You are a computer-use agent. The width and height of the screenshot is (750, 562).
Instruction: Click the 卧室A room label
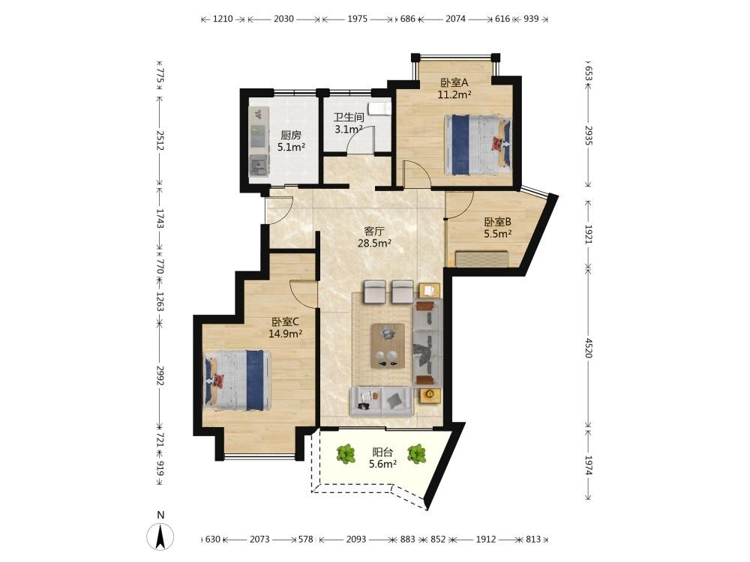tap(454, 82)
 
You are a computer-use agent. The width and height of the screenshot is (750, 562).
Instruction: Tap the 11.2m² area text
tap(454, 94)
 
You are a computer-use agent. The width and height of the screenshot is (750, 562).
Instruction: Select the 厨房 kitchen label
tap(291, 135)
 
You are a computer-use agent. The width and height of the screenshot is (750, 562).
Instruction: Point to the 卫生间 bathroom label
tap(349, 117)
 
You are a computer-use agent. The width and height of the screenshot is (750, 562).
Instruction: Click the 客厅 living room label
tap(374, 232)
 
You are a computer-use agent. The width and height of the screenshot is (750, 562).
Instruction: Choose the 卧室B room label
tap(497, 222)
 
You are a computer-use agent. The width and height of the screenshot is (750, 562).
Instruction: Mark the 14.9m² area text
tap(285, 333)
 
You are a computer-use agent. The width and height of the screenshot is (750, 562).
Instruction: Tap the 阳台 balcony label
tap(382, 452)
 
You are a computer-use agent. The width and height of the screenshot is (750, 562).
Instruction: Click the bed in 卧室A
tap(477, 145)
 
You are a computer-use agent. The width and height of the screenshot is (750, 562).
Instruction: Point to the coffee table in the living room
tap(388, 345)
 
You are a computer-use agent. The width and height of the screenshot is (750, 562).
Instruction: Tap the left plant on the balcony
tap(345, 454)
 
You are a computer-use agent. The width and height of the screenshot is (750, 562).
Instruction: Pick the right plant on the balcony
tap(416, 454)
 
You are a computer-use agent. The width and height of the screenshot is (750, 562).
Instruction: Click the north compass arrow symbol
tap(160, 537)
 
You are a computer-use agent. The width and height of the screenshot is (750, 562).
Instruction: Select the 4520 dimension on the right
tap(588, 348)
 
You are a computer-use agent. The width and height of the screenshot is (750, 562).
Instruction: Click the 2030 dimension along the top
tap(283, 19)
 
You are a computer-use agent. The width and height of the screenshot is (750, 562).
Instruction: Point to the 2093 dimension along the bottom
tap(355, 540)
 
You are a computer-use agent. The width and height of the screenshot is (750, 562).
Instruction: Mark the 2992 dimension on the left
tap(160, 376)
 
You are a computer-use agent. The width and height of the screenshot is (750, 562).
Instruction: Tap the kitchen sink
tap(258, 166)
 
